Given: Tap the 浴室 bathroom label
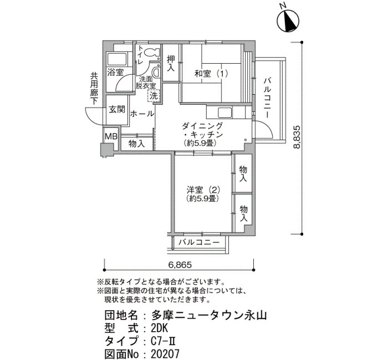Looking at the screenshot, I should (115, 73).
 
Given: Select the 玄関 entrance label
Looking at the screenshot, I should (116, 109).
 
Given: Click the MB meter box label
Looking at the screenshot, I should (111, 136).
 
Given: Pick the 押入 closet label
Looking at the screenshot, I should (171, 65).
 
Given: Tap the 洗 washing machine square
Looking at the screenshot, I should (154, 96).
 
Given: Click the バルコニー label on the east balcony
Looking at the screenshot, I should (268, 96).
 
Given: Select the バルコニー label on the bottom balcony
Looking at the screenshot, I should (199, 243).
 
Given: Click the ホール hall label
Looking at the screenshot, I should (142, 114).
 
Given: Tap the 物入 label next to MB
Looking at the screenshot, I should (136, 143).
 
